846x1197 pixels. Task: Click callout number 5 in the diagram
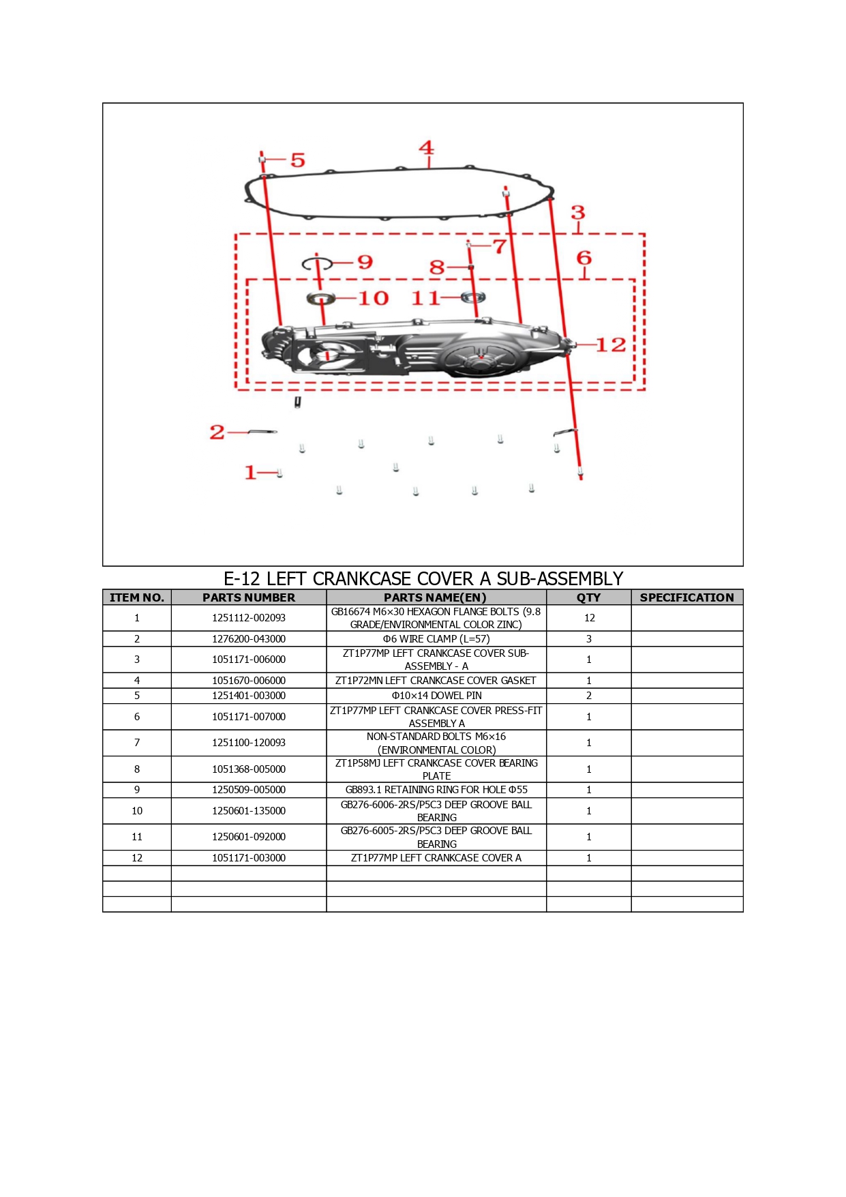(x=298, y=160)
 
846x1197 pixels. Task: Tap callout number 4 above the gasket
(x=426, y=147)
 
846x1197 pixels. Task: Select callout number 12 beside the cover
(x=611, y=345)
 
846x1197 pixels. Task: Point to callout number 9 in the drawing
(x=365, y=262)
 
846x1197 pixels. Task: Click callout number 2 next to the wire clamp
(x=217, y=432)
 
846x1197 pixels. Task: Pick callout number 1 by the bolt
(x=250, y=472)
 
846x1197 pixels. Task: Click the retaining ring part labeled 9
(x=317, y=263)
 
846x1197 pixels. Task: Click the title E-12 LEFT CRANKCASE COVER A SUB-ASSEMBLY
(x=423, y=578)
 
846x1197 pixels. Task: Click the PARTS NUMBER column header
(x=249, y=597)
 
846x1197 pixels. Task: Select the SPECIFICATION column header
(x=687, y=597)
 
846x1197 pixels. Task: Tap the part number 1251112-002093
(x=249, y=618)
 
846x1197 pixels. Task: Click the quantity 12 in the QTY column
(x=589, y=618)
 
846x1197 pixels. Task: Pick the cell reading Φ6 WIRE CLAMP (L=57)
(x=436, y=639)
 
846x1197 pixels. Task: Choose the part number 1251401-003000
(x=249, y=696)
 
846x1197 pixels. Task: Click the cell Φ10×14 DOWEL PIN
(x=436, y=696)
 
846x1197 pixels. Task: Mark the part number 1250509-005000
(x=249, y=790)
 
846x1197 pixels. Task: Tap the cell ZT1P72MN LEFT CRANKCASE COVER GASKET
(x=436, y=681)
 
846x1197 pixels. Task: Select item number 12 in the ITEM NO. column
(x=137, y=858)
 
